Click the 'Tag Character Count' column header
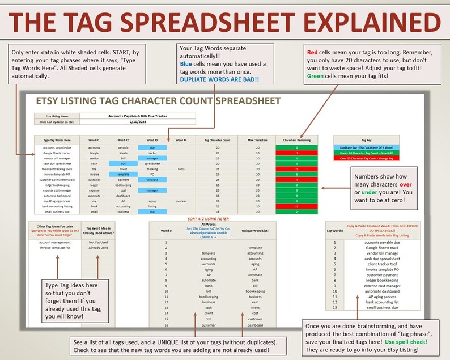coord(218,139)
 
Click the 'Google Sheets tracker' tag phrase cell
coord(56,153)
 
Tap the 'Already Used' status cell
coord(98,248)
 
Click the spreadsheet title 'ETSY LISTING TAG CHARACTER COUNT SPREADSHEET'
coord(158,101)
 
